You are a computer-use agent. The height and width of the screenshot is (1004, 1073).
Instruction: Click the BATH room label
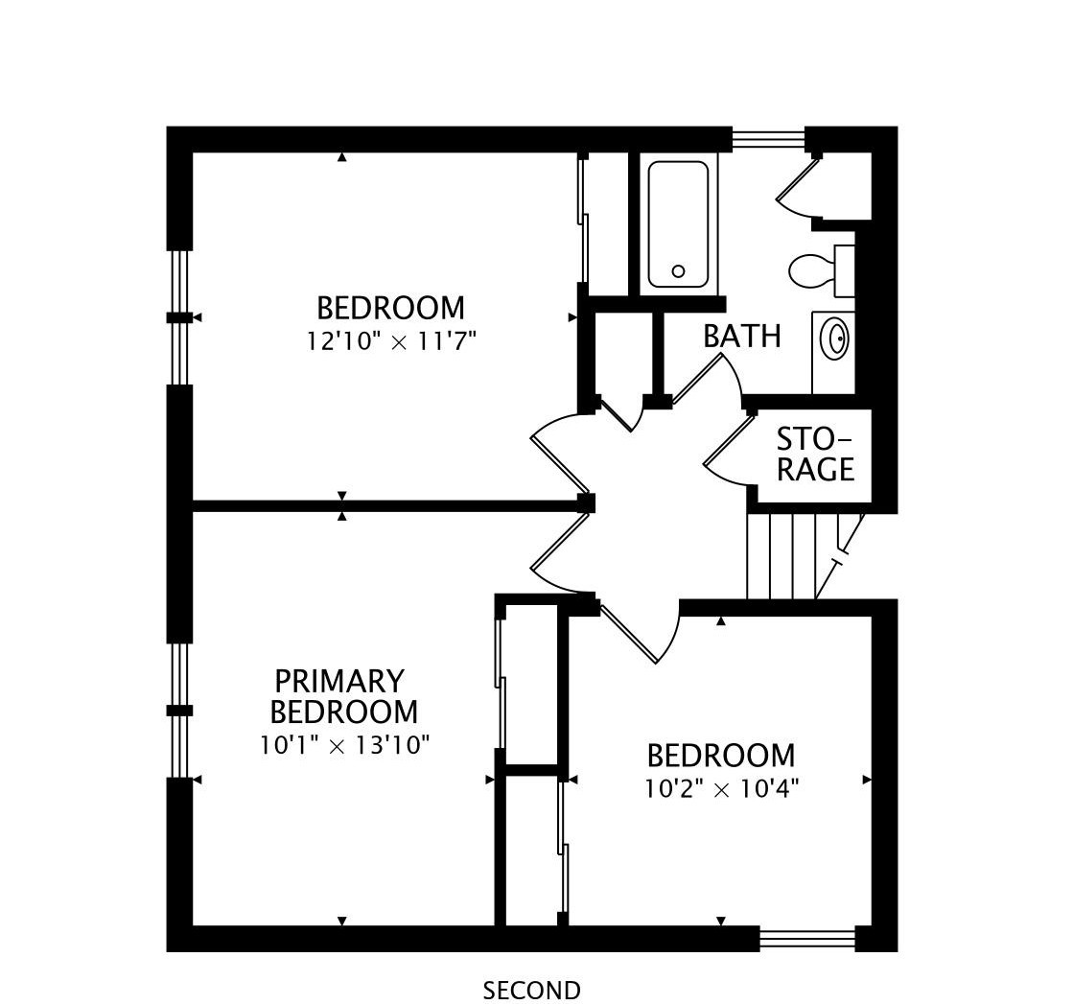coord(742,336)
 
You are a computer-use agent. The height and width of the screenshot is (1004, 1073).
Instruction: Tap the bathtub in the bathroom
coord(678,224)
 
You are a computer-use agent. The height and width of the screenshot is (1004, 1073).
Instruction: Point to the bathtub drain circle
coord(678,271)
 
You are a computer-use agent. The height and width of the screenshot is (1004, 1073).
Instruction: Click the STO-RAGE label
coord(816,454)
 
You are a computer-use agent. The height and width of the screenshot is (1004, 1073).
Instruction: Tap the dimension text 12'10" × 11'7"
coord(390,340)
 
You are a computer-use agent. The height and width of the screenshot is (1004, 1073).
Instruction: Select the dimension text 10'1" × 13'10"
coord(344,745)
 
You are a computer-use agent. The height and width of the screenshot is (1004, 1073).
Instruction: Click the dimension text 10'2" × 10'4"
coord(721,790)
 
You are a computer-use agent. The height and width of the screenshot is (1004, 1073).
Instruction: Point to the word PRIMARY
coord(339,681)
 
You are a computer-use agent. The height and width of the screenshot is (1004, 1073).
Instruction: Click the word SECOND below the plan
coord(532,991)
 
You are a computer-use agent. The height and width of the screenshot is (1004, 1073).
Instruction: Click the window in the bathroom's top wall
coord(768,138)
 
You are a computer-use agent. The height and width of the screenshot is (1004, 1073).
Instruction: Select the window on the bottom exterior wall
coord(807,938)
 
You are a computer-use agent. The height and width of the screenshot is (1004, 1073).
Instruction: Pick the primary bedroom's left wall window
coord(179,711)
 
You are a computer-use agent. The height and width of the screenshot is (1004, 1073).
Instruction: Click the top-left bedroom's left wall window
coord(179,317)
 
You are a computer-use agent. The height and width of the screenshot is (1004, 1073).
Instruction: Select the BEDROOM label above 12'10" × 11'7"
coord(390,308)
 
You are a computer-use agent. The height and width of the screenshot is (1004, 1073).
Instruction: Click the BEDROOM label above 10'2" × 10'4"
coord(721,757)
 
